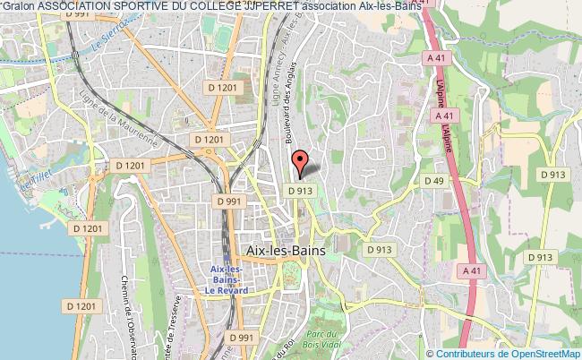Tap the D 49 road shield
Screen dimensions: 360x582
[433, 182]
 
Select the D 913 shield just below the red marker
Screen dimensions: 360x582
[301, 191]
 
